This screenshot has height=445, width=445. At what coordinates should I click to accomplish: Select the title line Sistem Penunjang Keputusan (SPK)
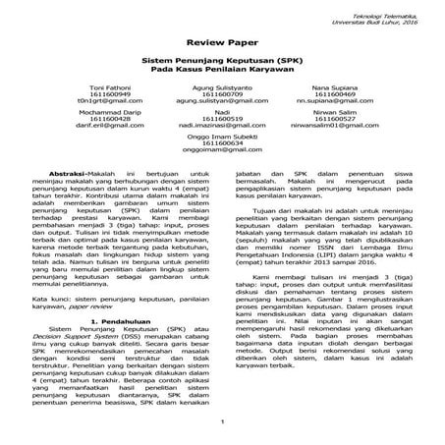(222, 62)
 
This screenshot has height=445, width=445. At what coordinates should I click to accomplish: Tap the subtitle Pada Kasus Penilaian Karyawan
(222, 71)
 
